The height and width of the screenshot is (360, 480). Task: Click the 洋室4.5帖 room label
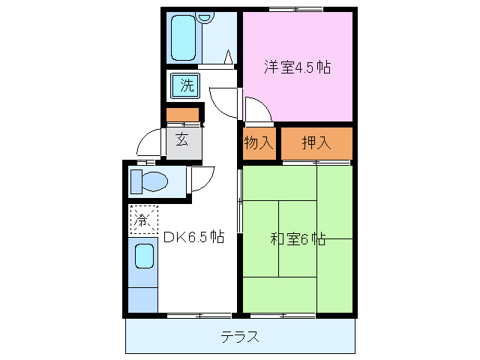pos(297,67)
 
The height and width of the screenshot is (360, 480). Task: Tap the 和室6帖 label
pos(297,240)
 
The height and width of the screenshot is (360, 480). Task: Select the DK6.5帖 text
pos(193,238)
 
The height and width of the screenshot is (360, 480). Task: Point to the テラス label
pos(240,337)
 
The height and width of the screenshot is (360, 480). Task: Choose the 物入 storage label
pos(259,142)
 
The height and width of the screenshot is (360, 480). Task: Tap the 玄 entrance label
pos(182,138)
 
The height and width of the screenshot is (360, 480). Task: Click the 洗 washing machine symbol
pos(185,85)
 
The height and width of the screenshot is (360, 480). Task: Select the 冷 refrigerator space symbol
pos(142,220)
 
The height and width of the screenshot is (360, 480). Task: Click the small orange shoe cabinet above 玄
pos(183,115)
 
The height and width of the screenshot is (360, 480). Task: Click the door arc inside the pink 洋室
pos(255,109)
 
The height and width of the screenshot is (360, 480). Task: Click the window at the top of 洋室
pos(296,8)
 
